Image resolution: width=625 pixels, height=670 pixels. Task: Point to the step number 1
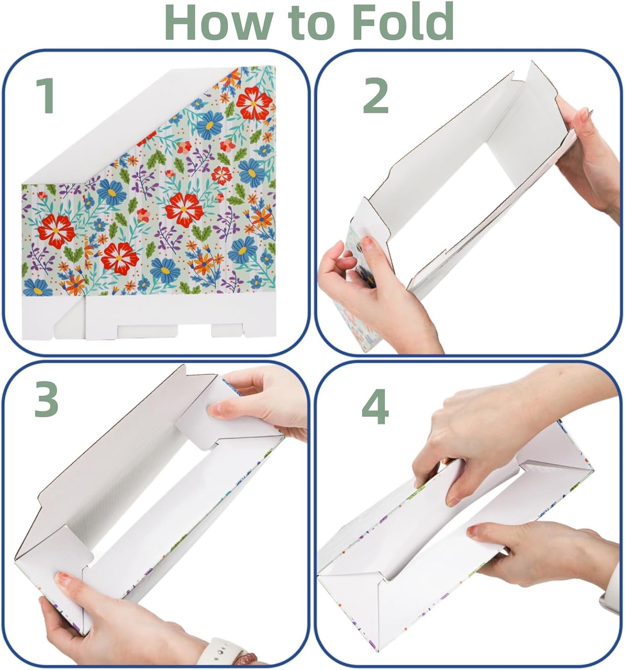pyautogui.click(x=46, y=95)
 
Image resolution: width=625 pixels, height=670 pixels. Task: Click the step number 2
pyautogui.click(x=376, y=96)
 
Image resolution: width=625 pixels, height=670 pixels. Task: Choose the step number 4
pyautogui.click(x=375, y=406)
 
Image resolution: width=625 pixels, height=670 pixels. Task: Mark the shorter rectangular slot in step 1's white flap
pyautogui.click(x=227, y=330)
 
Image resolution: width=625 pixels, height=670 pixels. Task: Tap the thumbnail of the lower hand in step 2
pyautogui.click(x=367, y=243)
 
